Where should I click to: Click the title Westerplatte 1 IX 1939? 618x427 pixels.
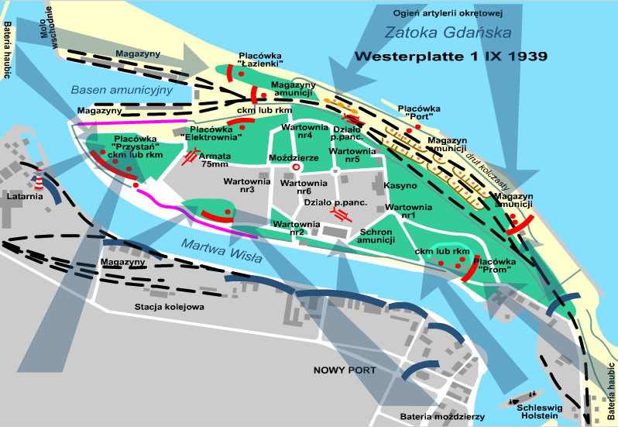tap(451, 57)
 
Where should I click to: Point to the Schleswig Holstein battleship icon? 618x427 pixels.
tap(520, 404)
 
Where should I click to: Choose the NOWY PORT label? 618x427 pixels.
tap(345, 370)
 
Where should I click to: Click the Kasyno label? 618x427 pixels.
tap(400, 186)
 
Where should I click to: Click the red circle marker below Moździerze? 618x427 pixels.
tap(295, 167)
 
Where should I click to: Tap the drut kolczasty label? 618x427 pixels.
tap(489, 176)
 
